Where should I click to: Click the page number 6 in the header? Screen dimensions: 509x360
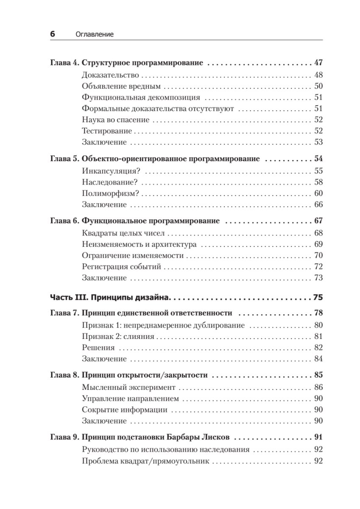coord(53,34)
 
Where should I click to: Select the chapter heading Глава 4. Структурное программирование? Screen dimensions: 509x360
coord(126,64)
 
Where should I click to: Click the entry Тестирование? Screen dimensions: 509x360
coord(107,131)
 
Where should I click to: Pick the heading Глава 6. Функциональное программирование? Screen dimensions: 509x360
coord(134,221)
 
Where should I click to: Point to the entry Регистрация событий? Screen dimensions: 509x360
coord(121,267)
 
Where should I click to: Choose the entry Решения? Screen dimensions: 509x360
coord(98,348)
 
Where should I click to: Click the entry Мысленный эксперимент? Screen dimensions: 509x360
coord(128,388)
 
